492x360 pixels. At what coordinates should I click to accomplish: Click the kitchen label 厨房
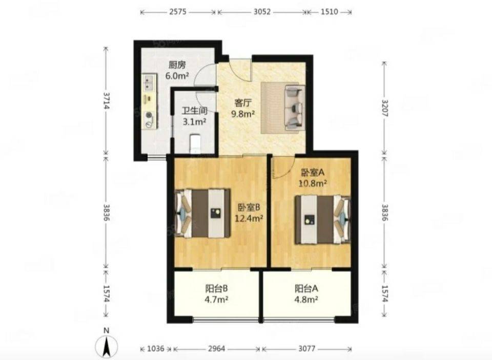(x=177, y=65)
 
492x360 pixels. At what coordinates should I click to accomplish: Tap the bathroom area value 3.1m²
(x=195, y=121)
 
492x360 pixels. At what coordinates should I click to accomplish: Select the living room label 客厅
(x=243, y=103)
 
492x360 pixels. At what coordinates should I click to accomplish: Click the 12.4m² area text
(x=249, y=218)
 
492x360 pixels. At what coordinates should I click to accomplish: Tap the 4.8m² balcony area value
(x=306, y=299)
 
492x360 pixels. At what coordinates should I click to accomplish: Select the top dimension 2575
(x=178, y=12)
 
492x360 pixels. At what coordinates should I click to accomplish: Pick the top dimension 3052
(x=262, y=12)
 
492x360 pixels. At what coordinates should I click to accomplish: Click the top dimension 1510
(x=330, y=12)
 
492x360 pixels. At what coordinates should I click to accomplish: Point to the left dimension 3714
(x=107, y=100)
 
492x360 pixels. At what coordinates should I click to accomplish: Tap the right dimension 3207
(x=385, y=108)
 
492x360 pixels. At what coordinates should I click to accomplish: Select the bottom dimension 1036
(x=156, y=348)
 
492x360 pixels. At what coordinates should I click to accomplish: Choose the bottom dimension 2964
(x=216, y=348)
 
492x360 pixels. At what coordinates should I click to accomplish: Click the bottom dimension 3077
(x=307, y=348)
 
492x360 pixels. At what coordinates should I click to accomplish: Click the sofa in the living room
(x=295, y=108)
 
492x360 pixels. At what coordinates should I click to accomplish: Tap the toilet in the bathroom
(x=195, y=143)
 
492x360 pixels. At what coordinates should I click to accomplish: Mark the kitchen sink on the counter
(x=149, y=81)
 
